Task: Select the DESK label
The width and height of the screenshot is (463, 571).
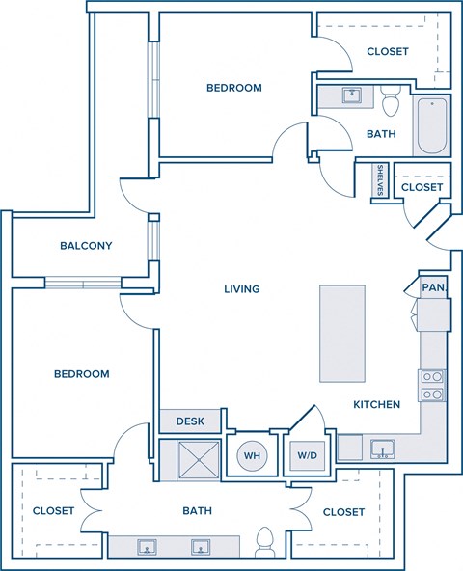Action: [x=189, y=421]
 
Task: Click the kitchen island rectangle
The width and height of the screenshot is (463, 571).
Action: [x=342, y=334]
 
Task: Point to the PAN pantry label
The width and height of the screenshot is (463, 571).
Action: [x=432, y=287]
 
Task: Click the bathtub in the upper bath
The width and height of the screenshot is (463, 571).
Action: [x=431, y=126]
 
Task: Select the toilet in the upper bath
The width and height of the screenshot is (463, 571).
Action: [x=391, y=100]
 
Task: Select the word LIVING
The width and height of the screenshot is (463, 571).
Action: [x=241, y=288]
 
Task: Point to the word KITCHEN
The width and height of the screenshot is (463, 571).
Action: [x=376, y=405]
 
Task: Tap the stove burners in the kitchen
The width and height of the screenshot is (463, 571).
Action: [x=432, y=385]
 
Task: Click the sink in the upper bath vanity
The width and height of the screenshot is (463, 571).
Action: [x=350, y=95]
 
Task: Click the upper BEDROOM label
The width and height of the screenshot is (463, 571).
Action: [x=234, y=88]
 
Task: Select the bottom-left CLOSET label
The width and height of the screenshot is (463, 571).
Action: [x=53, y=510]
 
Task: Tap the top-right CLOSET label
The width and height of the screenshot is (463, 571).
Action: [x=388, y=51]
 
